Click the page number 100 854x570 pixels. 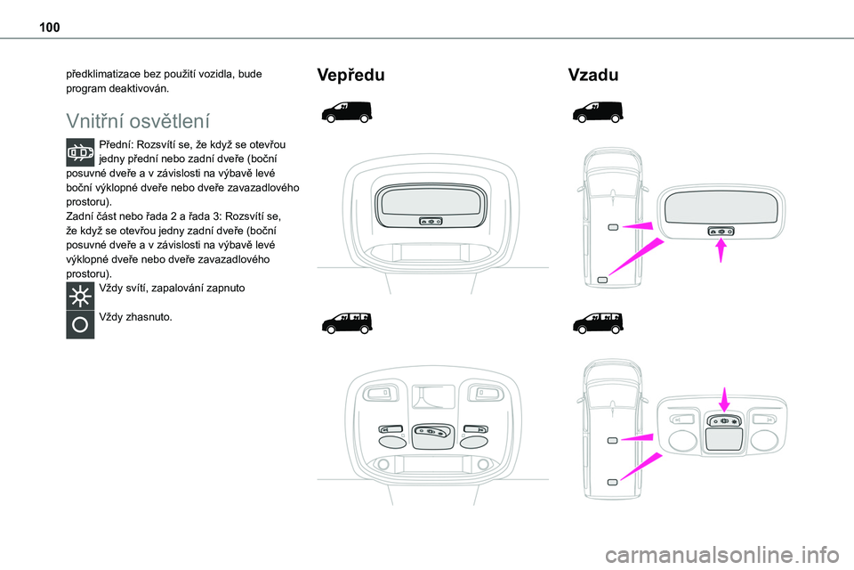point(50,28)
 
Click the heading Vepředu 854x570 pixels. point(350,75)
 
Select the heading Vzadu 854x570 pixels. point(593,75)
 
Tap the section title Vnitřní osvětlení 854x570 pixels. point(138,121)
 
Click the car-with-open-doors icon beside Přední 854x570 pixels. point(80,152)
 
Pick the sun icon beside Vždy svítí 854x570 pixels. point(80,297)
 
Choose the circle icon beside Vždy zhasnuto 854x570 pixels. point(80,324)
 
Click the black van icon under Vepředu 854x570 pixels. point(347,112)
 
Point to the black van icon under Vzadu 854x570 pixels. point(598,112)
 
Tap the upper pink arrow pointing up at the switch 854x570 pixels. point(721,251)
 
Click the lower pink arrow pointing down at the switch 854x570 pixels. point(724,399)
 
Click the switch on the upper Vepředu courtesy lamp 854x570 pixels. point(431,222)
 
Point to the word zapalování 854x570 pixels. point(178,288)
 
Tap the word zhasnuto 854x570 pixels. point(149,317)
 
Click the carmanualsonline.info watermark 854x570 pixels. point(722,555)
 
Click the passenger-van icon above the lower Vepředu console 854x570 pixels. point(347,323)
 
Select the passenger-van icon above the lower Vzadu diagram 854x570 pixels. point(598,323)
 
